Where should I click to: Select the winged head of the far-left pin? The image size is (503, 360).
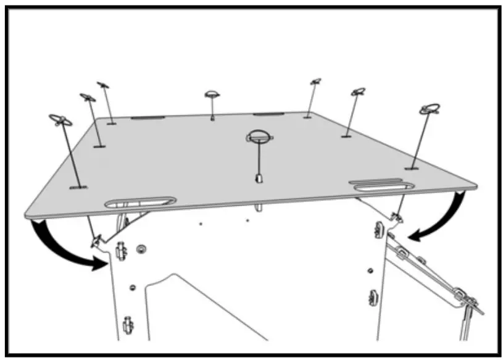pos(60,120)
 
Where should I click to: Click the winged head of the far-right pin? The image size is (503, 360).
pos(430,109)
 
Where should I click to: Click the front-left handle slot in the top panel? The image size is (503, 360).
pos(140,202)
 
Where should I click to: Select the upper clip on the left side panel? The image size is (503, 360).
pos(121,249)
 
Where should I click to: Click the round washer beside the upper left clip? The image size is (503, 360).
pos(141,248)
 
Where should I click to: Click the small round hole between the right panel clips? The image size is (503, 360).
pos(369,269)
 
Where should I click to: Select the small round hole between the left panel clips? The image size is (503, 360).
pos(131,287)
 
